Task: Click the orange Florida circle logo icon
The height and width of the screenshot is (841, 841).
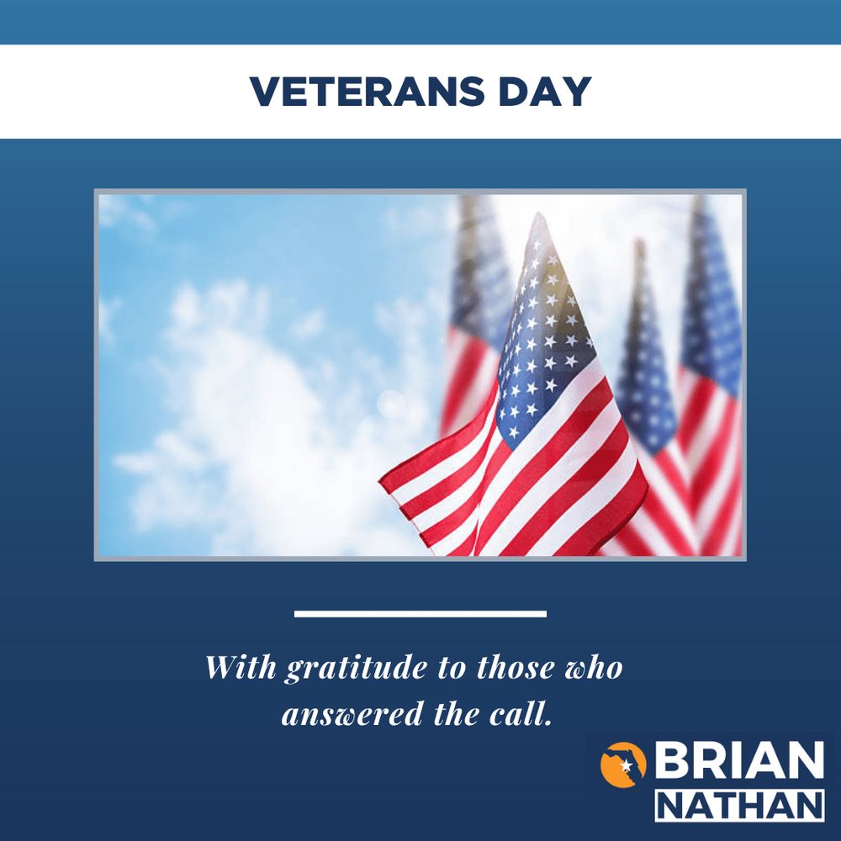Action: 623,764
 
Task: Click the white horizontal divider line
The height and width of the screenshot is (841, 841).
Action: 420,614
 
